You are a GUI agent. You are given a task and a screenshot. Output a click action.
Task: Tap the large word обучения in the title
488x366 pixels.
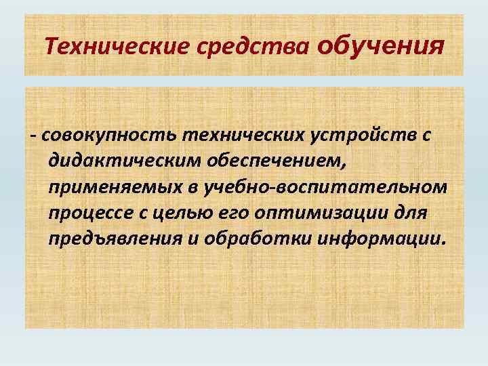(380, 45)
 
